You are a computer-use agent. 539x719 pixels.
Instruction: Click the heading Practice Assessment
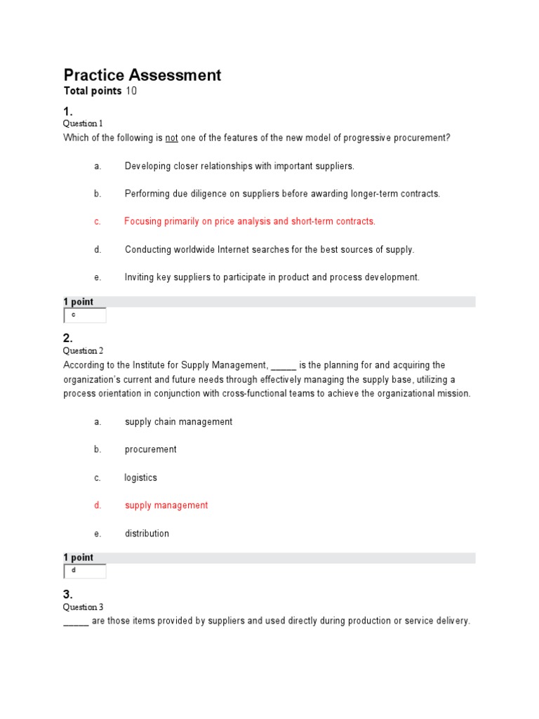[x=142, y=75]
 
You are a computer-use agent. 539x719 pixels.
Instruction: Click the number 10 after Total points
[x=131, y=91]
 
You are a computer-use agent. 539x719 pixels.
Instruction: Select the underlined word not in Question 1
[x=171, y=138]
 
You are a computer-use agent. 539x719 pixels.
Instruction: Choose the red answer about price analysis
[x=250, y=221]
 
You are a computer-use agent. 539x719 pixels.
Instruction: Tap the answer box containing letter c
[x=85, y=316]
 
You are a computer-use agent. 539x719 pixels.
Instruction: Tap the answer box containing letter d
[x=85, y=572]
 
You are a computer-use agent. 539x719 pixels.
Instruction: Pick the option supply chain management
[x=178, y=421]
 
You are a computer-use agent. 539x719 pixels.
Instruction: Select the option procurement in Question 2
[x=150, y=449]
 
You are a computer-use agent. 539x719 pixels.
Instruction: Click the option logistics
[x=140, y=477]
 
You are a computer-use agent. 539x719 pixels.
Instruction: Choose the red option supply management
[x=166, y=506]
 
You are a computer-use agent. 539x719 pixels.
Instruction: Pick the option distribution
[x=147, y=534]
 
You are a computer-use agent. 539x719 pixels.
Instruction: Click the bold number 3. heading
[x=68, y=594]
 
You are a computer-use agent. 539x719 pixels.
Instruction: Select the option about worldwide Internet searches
[x=269, y=249]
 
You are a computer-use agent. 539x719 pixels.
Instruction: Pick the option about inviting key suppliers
[x=272, y=277]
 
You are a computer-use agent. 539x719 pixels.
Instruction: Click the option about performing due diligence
[x=282, y=194]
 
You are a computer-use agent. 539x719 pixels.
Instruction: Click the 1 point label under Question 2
[x=78, y=558]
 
